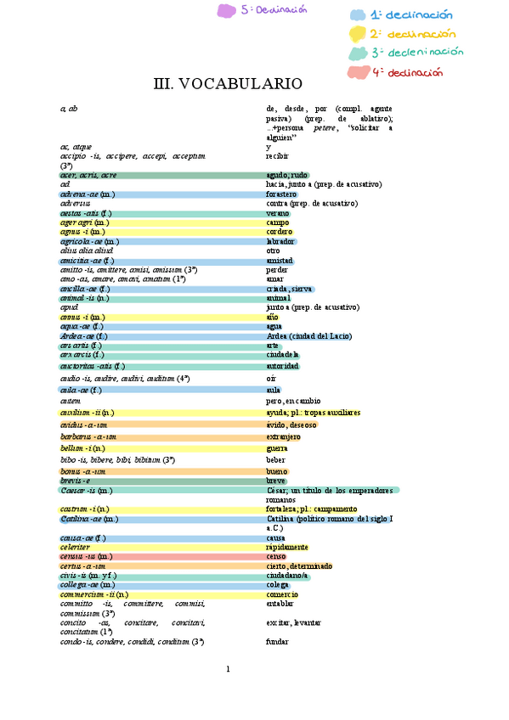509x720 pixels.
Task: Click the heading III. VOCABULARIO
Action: [228, 83]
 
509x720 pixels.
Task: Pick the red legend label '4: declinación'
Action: [406, 72]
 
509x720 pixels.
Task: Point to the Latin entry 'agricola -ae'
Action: [83, 241]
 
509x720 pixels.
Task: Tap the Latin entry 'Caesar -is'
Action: [86, 490]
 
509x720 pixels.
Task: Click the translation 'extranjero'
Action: [284, 436]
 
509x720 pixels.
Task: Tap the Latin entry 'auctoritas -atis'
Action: [92, 366]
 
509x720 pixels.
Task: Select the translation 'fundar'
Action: [277, 641]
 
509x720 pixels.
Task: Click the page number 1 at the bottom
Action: [228, 669]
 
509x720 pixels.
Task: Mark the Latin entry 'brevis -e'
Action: [75, 481]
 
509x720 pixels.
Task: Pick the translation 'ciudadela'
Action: [283, 355]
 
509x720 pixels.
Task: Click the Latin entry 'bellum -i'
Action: [82, 447]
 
